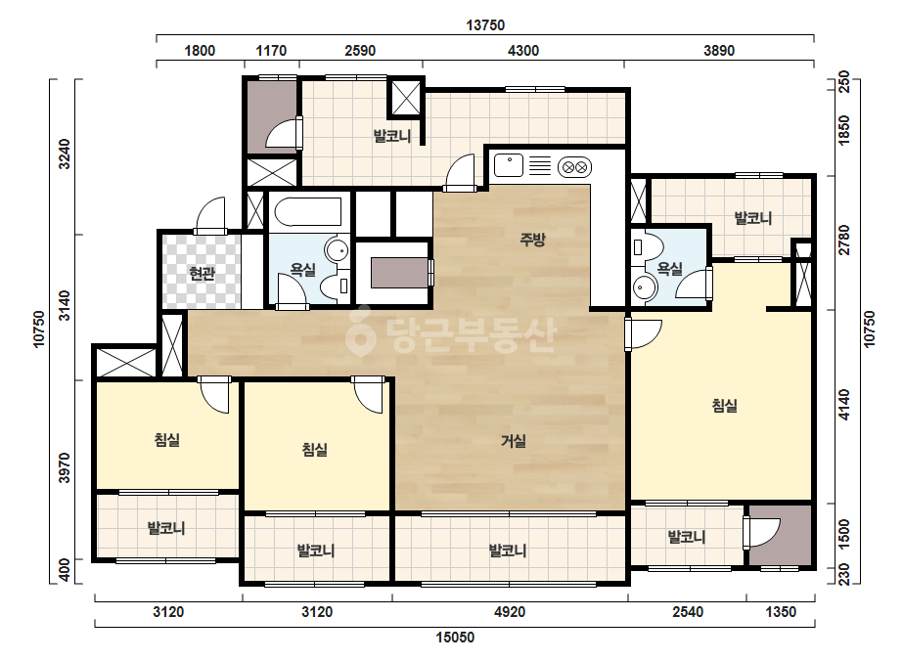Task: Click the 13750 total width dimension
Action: pyautogui.click(x=485, y=25)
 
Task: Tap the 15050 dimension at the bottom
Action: pyautogui.click(x=455, y=638)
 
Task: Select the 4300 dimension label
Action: pyautogui.click(x=522, y=51)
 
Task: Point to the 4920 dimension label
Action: pyautogui.click(x=510, y=611)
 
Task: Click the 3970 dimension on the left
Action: pyautogui.click(x=65, y=468)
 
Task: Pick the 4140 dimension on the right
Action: pyautogui.click(x=843, y=405)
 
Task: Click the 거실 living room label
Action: pyautogui.click(x=513, y=442)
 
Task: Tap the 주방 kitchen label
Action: pyautogui.click(x=532, y=239)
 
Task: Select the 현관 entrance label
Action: pyautogui.click(x=202, y=274)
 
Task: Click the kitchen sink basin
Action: pyautogui.click(x=508, y=165)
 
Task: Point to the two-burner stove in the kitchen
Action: pyautogui.click(x=574, y=167)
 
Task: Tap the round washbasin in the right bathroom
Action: pyautogui.click(x=643, y=286)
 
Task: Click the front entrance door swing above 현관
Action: pyautogui.click(x=210, y=214)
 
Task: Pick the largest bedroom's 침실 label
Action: pyautogui.click(x=725, y=406)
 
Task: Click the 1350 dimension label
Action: pyautogui.click(x=781, y=611)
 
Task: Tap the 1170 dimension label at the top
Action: pyautogui.click(x=271, y=51)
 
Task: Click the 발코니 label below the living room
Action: pyautogui.click(x=508, y=551)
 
